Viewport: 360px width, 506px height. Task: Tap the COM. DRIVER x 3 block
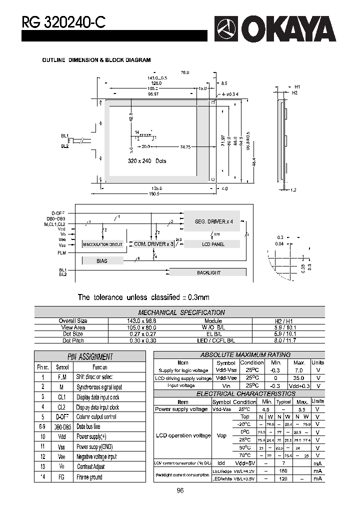(153, 244)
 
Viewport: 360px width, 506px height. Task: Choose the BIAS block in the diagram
(102, 260)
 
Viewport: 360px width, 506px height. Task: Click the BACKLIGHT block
(208, 272)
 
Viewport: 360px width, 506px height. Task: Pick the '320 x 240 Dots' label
(147, 161)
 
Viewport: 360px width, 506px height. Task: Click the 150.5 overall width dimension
(153, 194)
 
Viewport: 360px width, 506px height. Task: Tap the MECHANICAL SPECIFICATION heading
(181, 312)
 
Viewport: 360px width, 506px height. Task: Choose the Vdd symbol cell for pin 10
(62, 436)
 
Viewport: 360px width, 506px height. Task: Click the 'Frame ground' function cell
(90, 477)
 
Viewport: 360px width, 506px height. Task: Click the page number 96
(180, 490)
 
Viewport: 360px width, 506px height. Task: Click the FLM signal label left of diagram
(61, 253)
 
